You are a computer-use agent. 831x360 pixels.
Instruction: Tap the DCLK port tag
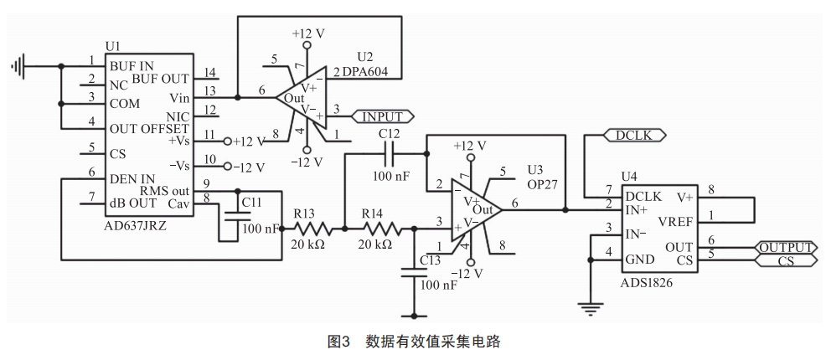(x=633, y=134)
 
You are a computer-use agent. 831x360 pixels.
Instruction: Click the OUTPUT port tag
(x=784, y=247)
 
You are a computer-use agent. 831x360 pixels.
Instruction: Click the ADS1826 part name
(x=648, y=282)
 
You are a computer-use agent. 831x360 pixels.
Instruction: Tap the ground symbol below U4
(x=591, y=309)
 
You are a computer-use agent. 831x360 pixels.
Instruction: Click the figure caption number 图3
(x=338, y=342)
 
